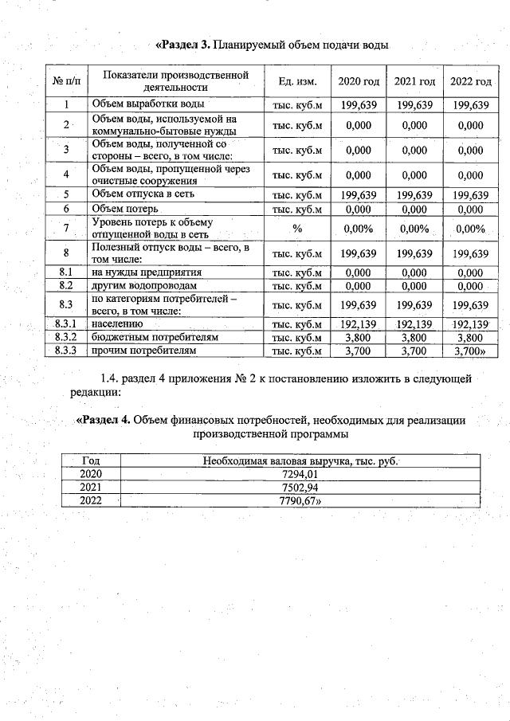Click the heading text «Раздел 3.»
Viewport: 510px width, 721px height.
point(182,45)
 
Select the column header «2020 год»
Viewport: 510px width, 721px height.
point(358,82)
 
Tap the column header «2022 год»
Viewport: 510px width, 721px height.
point(470,82)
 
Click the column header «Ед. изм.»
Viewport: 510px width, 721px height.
point(297,82)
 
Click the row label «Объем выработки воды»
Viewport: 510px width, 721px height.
point(147,104)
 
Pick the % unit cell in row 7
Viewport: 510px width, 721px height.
point(297,229)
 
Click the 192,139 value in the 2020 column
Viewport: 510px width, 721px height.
point(358,324)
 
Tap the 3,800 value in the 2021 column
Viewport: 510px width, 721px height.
point(414,337)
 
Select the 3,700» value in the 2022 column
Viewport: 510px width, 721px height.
point(470,350)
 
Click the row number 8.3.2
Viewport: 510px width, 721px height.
point(67,337)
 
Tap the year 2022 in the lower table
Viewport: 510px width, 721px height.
point(91,500)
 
